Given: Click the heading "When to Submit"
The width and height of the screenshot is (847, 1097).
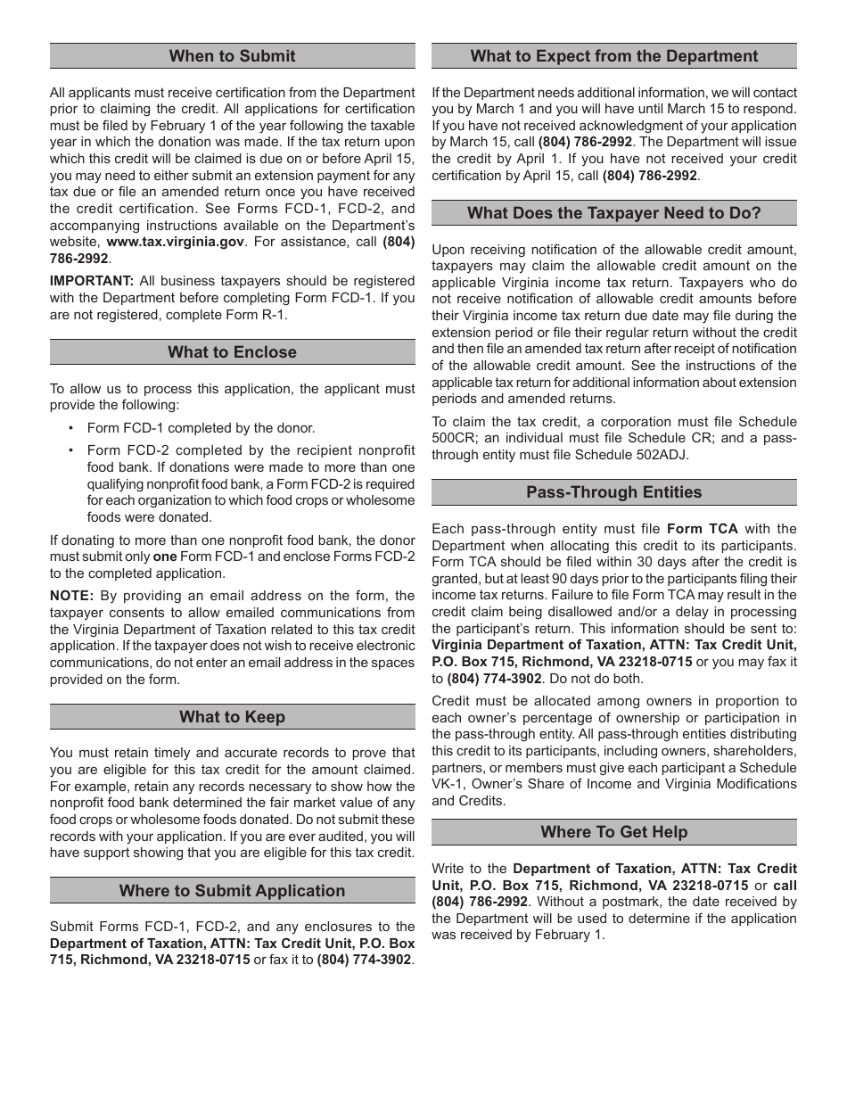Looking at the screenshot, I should pos(232,56).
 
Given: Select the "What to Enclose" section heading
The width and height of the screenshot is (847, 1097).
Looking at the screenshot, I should pos(232,352).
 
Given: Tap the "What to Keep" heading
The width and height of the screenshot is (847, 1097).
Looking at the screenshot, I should pos(232,717).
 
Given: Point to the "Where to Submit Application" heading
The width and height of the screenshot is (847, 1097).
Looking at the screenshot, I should pos(232,891).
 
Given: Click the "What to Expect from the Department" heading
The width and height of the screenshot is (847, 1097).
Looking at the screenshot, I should pos(613,56).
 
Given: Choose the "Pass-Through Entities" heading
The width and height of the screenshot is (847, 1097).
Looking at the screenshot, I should pos(613,492).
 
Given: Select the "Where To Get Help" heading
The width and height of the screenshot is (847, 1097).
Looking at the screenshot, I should pos(613,832).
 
